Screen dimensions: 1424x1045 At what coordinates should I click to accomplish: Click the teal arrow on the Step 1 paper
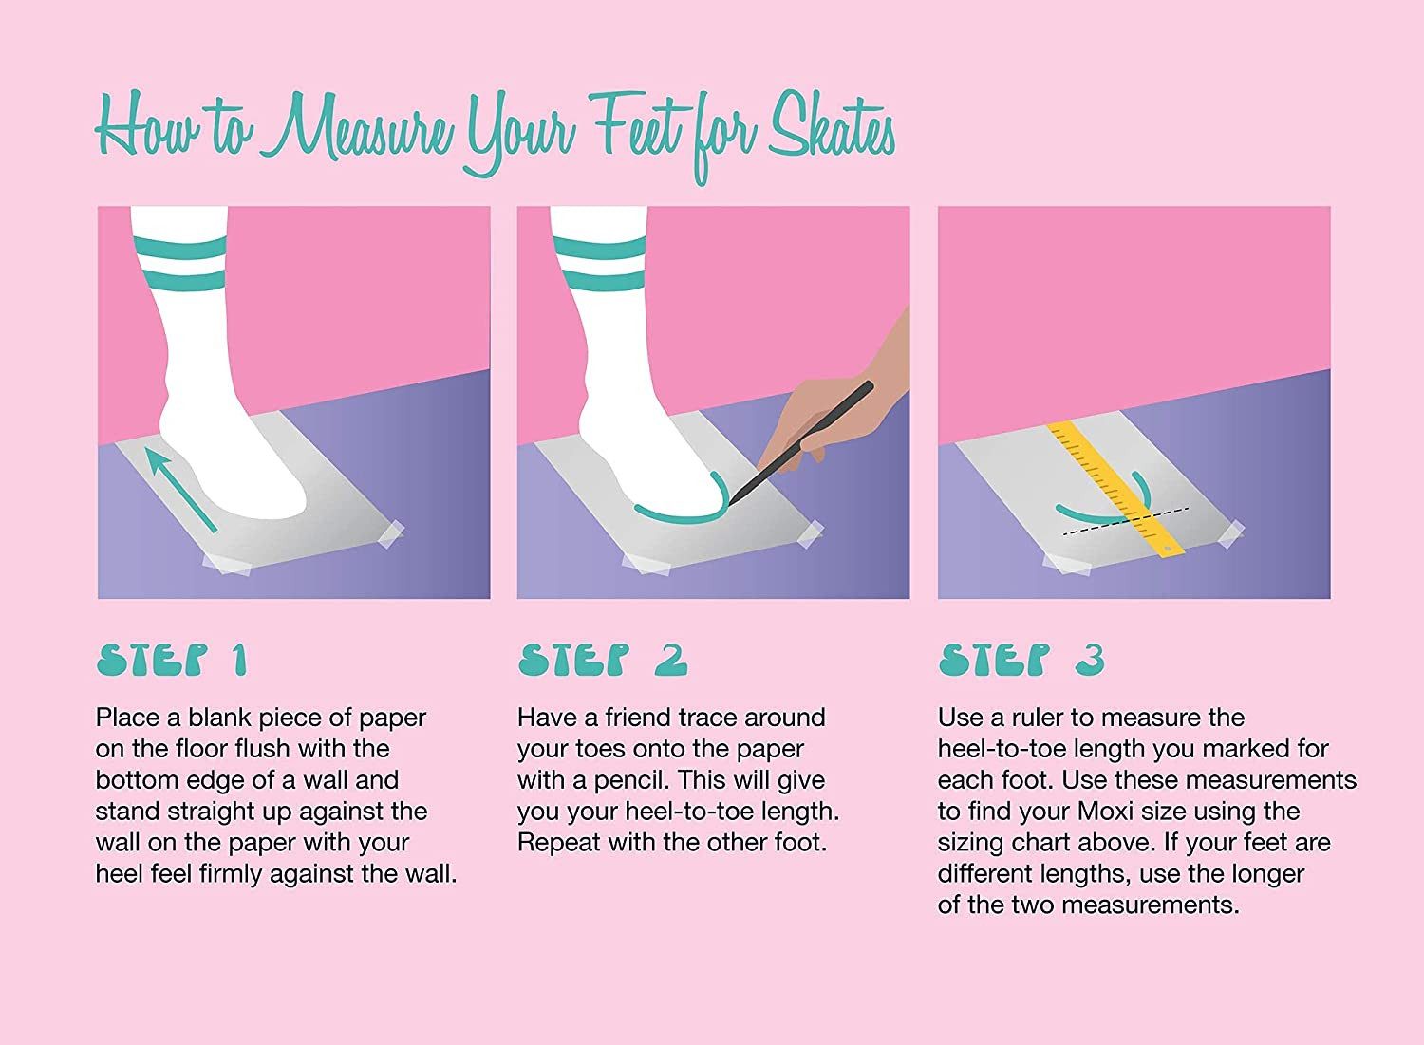[x=180, y=490]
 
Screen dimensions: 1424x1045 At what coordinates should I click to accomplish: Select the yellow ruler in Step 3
[x=1115, y=491]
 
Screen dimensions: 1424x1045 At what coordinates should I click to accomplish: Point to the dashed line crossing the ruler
[x=1126, y=521]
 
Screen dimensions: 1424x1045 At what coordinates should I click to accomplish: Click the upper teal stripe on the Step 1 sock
[x=178, y=248]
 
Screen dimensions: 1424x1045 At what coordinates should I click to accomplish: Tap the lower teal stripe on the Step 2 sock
[x=600, y=284]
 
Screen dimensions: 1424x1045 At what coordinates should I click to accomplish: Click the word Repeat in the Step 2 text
[x=557, y=844]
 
